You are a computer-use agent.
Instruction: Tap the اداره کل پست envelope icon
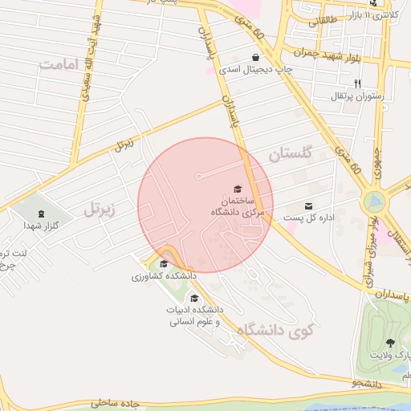coord(309,206)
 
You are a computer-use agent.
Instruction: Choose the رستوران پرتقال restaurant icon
coord(357,84)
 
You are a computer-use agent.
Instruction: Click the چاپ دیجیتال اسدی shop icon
coord(255,58)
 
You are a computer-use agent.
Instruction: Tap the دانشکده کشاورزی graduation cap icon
coord(164,264)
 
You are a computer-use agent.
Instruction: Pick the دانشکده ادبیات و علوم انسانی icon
coord(194,298)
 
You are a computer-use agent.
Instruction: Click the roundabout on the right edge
coord(374,201)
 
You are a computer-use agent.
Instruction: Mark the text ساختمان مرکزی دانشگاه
coord(234,205)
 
